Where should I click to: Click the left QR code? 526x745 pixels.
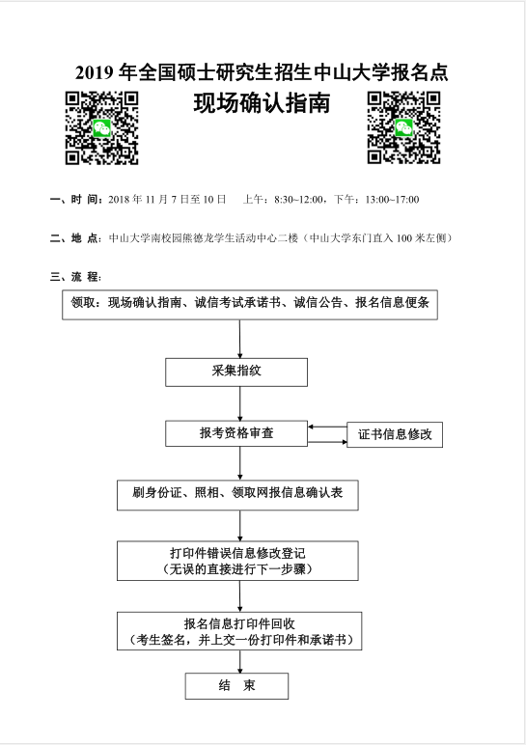(101, 128)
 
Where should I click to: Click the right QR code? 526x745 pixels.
(403, 128)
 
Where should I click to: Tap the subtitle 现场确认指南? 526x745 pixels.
(262, 103)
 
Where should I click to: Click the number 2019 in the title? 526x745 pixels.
(94, 72)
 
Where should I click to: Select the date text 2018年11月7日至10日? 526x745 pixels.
(167, 200)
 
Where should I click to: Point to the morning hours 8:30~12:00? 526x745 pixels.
(299, 200)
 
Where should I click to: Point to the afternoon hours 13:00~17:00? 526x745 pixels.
(393, 200)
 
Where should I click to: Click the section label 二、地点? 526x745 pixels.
(76, 238)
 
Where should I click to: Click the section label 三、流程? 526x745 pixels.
(75, 277)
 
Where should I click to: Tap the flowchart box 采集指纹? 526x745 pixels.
(236, 372)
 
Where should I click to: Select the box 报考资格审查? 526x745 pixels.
(236, 433)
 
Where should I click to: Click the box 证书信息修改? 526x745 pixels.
(395, 434)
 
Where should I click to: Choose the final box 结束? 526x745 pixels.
(236, 686)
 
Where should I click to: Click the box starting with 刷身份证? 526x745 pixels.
(237, 495)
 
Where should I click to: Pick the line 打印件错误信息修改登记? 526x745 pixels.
(237, 553)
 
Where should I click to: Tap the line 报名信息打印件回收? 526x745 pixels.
(239, 623)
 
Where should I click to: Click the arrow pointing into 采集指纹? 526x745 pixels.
(240, 340)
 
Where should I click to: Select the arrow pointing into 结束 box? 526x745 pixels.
(240, 661)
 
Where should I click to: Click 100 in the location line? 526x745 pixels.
(403, 238)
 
